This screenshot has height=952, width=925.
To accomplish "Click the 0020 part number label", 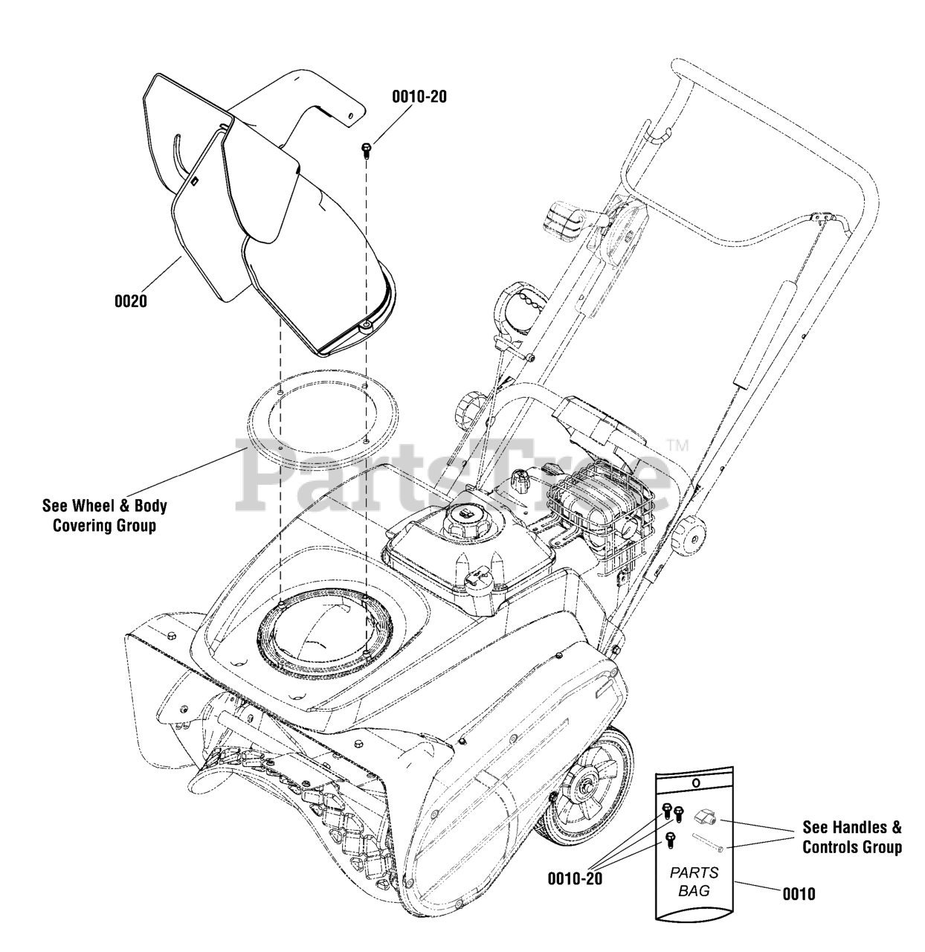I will [x=130, y=302].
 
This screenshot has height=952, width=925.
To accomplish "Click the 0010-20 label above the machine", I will [x=419, y=97].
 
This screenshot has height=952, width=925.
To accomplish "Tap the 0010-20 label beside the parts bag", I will [x=575, y=878].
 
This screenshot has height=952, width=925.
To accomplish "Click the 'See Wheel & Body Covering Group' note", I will [x=104, y=515].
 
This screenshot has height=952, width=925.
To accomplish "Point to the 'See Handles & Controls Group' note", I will [x=852, y=837].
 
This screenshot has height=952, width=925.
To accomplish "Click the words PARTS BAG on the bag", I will [x=694, y=881].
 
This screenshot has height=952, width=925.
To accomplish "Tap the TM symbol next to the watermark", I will [x=677, y=446].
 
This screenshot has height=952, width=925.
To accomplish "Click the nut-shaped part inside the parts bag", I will [x=704, y=819].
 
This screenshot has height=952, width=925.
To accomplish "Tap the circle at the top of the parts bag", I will [x=694, y=783].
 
